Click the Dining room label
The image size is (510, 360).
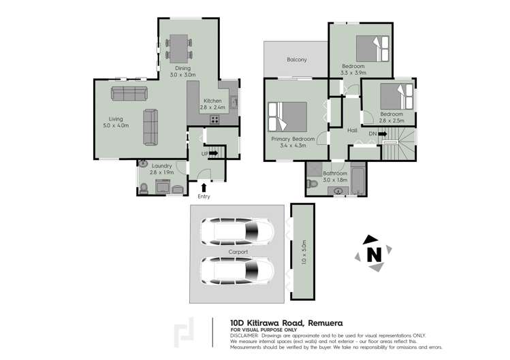click(x=182, y=68)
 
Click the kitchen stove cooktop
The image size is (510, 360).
click(x=215, y=120)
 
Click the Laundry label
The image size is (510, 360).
click(x=161, y=165)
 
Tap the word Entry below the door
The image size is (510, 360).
click(x=204, y=197)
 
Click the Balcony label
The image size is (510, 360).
click(x=296, y=60)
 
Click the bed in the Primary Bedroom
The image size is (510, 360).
click(x=289, y=116)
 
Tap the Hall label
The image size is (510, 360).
click(x=352, y=130)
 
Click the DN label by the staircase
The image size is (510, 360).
click(x=372, y=134)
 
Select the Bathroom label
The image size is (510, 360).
click(x=335, y=174)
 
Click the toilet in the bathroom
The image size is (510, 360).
click(x=313, y=184)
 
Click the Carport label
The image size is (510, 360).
click(x=238, y=252)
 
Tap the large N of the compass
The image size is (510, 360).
click(x=373, y=255)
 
